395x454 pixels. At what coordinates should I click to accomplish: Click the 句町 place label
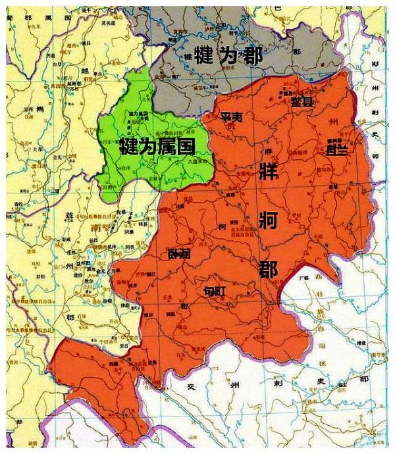[215, 290]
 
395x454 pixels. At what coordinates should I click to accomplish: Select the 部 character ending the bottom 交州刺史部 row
[363, 380]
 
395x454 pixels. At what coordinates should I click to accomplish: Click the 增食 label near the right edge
[361, 343]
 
